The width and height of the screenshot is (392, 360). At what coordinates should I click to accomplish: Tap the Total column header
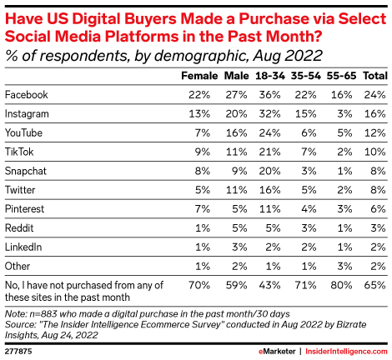coord(374,75)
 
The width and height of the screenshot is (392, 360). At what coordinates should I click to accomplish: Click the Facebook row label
coord(28,93)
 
